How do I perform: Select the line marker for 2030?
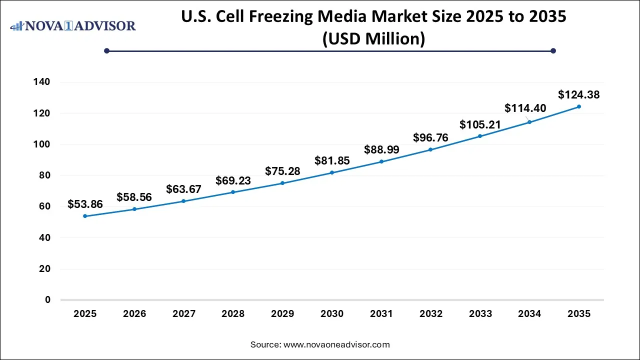pos(332,172)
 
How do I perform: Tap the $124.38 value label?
pos(578,94)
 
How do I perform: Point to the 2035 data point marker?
pos(578,106)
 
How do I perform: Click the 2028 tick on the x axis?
pos(233,314)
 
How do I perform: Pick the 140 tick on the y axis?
pos(43,82)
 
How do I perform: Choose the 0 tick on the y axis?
pos(48,300)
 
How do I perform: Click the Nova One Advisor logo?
pos(73,25)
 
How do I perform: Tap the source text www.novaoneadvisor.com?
pos(320,344)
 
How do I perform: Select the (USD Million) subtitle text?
pos(373,38)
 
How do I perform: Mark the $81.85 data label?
pos(332,160)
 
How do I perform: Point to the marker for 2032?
pos(430,149)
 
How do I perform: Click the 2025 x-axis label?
pos(85,314)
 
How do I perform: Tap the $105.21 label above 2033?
pos(480,124)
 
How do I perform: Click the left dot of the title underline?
pos(106,50)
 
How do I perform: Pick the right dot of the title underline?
pos(553,50)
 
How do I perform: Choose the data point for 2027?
pos(183,201)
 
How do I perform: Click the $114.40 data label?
pos(525,108)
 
